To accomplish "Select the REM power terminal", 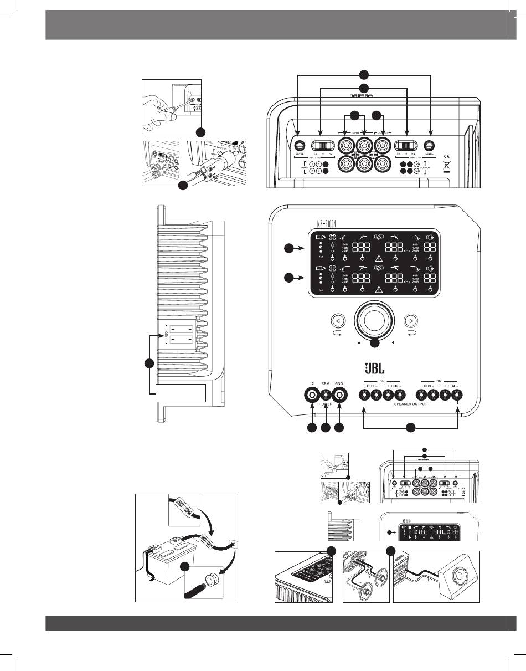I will pyautogui.click(x=326, y=395).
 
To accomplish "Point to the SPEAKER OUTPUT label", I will pyautogui.click(x=411, y=405).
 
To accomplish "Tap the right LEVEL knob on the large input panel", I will pyautogui.click(x=431, y=146).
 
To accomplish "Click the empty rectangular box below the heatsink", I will pyautogui.click(x=181, y=393).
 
